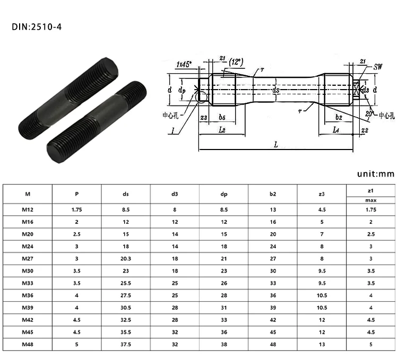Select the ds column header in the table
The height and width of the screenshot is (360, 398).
[x=125, y=194]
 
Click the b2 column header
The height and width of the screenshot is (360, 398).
[x=273, y=194]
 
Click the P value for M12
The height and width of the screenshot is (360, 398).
[x=76, y=210]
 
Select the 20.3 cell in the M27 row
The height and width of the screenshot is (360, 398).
[x=125, y=258]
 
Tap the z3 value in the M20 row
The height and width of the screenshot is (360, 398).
[x=322, y=234]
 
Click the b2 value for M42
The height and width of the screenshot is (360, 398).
[x=273, y=321]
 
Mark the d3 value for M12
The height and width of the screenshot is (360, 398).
[x=174, y=210]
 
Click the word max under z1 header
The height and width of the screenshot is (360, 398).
[x=370, y=200]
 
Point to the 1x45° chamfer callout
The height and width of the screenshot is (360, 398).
[x=184, y=64]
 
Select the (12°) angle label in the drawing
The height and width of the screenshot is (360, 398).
[x=235, y=62]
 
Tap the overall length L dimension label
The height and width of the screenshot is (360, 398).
[x=276, y=144]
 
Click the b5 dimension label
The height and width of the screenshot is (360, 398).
[x=223, y=117]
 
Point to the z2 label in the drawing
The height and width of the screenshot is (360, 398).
[x=364, y=129]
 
